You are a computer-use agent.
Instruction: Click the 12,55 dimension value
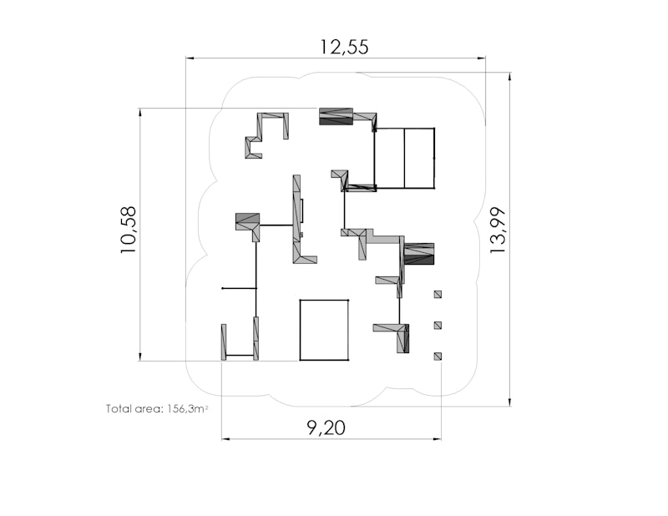[344, 47]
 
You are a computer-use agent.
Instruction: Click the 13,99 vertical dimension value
[498, 230]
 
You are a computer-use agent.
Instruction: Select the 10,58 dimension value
[129, 230]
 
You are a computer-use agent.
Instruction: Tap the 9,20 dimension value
[326, 427]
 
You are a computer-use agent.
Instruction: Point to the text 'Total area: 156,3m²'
[157, 408]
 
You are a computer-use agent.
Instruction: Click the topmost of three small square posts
[438, 294]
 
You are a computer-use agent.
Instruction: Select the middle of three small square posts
[438, 326]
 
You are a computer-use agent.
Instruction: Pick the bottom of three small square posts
[438, 357]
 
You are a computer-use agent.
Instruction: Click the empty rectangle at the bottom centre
[324, 330]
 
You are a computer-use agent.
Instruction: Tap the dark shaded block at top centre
[337, 116]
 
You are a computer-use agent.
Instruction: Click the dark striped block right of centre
[419, 254]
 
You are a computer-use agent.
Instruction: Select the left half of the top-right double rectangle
[389, 158]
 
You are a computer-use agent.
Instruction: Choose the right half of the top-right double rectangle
[419, 158]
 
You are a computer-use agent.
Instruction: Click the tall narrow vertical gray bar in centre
[296, 219]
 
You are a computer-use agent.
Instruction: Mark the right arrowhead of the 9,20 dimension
[437, 438]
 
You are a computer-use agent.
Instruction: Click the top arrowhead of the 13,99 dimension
[510, 77]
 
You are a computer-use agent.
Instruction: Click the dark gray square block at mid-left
[247, 221]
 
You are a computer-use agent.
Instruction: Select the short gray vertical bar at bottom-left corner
[224, 342]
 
